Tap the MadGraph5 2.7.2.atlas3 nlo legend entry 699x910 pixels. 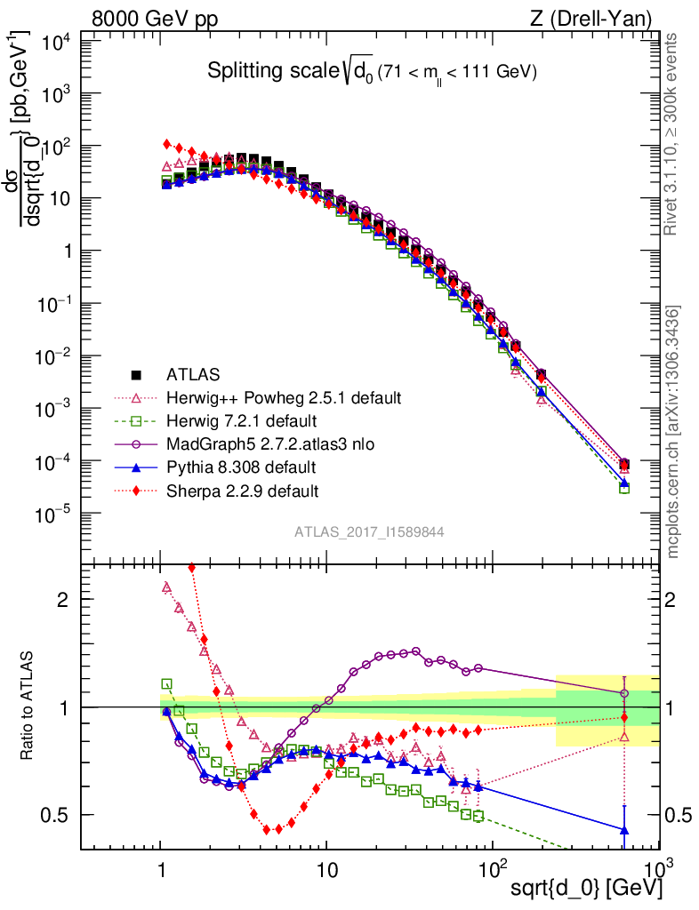(276, 443)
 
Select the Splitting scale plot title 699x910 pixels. (372, 72)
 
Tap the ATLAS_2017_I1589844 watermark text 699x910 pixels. (369, 531)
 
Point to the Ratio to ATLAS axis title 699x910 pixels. (28, 706)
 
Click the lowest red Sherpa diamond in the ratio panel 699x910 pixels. (268, 830)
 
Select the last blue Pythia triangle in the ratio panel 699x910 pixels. (624, 830)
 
